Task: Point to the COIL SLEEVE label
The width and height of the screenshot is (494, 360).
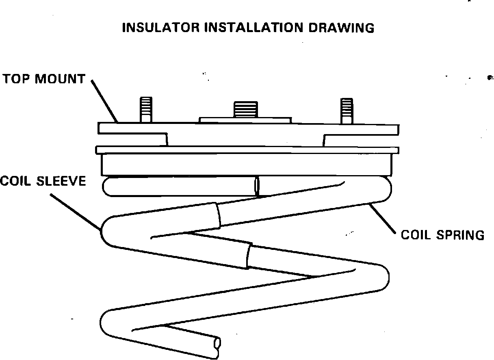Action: tap(43, 180)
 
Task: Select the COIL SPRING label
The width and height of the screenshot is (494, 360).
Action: tap(442, 235)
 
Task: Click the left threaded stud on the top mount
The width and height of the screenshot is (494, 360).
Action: tap(146, 109)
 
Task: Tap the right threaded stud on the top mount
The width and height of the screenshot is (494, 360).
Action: tap(347, 110)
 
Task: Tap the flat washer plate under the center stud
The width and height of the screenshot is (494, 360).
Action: tap(245, 120)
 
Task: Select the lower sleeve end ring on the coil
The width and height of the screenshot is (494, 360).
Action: tap(248, 256)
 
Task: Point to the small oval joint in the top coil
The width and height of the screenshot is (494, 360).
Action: tap(257, 186)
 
